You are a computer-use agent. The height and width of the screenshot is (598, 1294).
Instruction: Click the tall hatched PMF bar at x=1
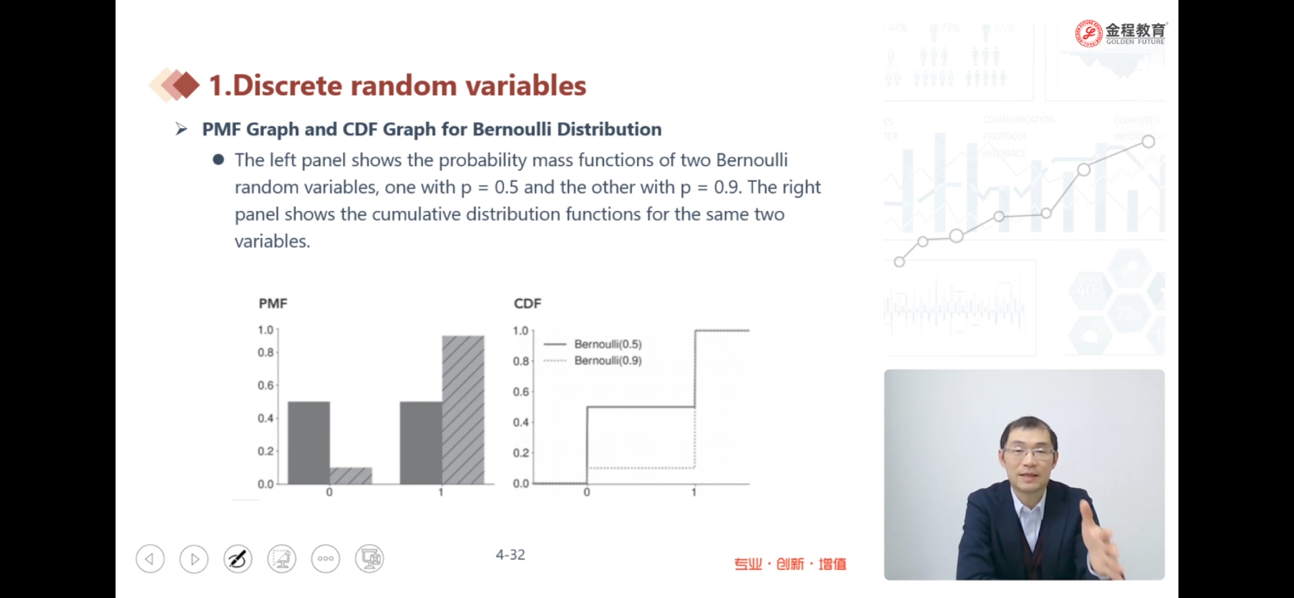(463, 409)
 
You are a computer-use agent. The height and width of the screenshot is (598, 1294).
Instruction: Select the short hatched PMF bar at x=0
(351, 476)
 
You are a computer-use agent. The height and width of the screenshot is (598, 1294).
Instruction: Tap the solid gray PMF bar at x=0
(309, 443)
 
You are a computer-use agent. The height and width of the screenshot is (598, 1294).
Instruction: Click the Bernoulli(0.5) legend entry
(592, 344)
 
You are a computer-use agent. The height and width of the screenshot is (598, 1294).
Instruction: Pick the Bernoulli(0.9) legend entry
(592, 360)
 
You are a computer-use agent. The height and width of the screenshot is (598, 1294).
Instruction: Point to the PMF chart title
(273, 303)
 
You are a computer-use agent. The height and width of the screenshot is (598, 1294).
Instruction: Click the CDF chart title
(527, 303)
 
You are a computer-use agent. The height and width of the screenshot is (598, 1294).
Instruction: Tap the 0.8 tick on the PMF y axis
(266, 352)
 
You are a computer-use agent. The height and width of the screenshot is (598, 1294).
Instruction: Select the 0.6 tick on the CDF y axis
(521, 391)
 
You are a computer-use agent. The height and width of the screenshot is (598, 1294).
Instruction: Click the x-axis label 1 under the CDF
(694, 493)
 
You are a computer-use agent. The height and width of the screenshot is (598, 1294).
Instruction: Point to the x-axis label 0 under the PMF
(329, 493)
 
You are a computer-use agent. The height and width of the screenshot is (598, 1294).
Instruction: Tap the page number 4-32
(511, 555)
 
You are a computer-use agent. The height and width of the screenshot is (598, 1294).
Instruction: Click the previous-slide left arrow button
(150, 558)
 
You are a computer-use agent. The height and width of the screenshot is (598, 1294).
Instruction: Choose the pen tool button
(238, 558)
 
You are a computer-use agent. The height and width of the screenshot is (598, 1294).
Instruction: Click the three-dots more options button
(326, 558)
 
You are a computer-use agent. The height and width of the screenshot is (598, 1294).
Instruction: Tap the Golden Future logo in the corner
(1121, 33)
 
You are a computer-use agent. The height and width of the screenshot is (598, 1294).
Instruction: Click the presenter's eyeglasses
(1028, 453)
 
